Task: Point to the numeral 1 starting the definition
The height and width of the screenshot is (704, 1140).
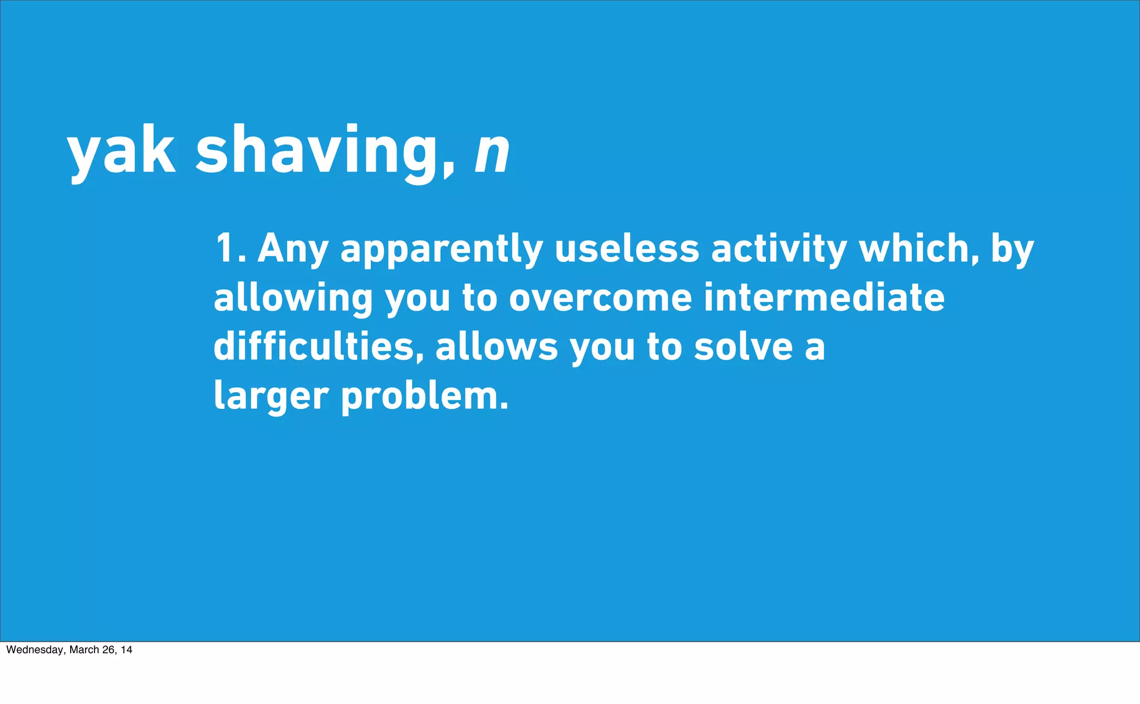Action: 225,248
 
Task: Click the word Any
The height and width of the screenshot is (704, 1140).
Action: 292,250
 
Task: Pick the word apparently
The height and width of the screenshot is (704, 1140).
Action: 441,250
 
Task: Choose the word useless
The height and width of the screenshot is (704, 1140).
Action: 627,248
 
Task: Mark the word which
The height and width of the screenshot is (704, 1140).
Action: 918,248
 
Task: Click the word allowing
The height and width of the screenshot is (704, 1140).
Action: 293,299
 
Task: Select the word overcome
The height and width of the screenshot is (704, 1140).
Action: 601,299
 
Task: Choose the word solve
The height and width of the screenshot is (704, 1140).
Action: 744,346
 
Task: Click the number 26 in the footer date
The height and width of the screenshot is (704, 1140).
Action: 109,650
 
